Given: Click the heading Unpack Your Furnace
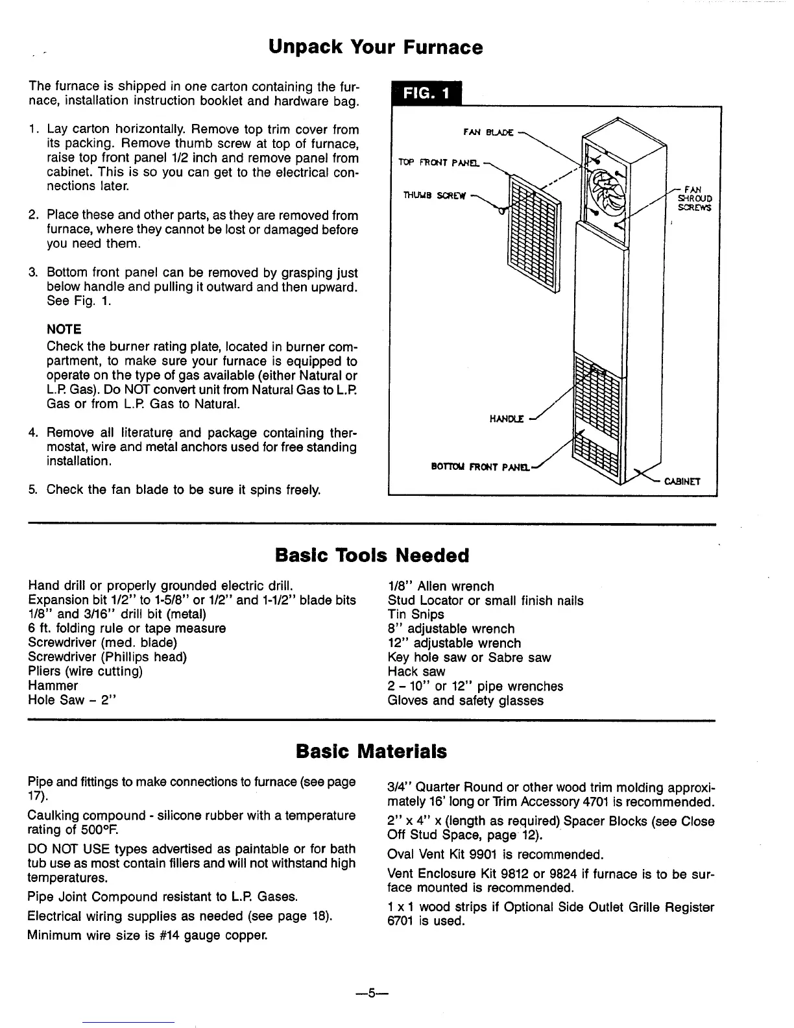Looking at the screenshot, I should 376,47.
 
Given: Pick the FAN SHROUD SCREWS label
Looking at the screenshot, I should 694,199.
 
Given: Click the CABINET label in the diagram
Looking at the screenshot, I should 682,482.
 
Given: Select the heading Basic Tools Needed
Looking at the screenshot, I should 372,556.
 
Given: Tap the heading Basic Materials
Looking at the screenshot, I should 371,752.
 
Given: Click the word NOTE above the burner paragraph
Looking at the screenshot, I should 64,329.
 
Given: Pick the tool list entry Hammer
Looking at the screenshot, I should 53,685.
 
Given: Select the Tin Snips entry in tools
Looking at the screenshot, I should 416,614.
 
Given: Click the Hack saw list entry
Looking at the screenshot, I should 416,672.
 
